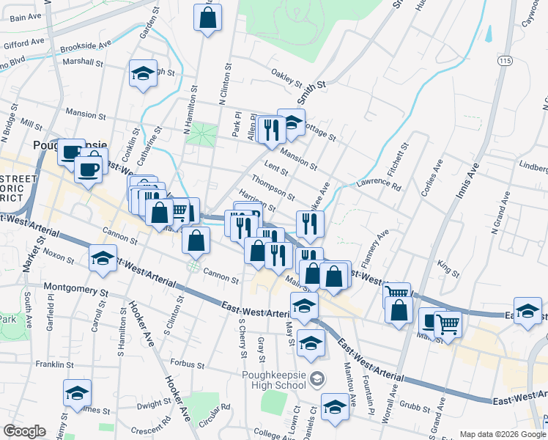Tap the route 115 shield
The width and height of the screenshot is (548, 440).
pos(503,59)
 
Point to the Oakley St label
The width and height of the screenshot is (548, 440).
pos(286,76)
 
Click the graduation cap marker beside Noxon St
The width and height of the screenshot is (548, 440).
pos(103,258)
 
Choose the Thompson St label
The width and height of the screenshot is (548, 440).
pos(273,187)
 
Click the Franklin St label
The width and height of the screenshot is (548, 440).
pos(54,363)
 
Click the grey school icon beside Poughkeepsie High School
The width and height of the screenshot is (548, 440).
pos(316,379)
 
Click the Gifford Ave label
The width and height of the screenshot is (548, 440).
pos(26,44)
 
